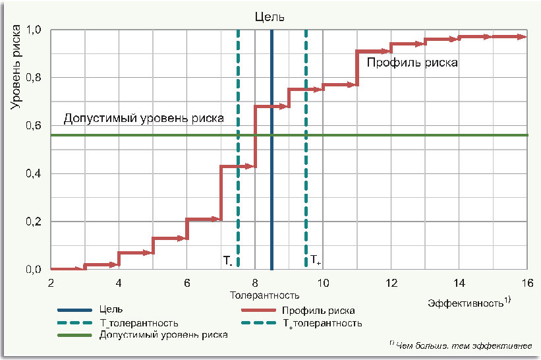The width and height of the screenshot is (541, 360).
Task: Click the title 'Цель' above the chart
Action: point(271,17)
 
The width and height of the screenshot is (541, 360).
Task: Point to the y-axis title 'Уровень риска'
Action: point(15,67)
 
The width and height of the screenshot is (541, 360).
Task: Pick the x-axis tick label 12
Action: point(391,283)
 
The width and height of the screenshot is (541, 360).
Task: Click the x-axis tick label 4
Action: point(119,283)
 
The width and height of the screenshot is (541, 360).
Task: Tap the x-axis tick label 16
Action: point(527,283)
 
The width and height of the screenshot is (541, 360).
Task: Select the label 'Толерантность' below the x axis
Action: point(264,295)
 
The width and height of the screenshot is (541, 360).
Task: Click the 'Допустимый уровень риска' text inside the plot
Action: point(143,119)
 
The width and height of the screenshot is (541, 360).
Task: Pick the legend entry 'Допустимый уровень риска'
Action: point(163,335)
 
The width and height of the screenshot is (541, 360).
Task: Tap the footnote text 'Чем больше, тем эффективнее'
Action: point(467,345)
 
